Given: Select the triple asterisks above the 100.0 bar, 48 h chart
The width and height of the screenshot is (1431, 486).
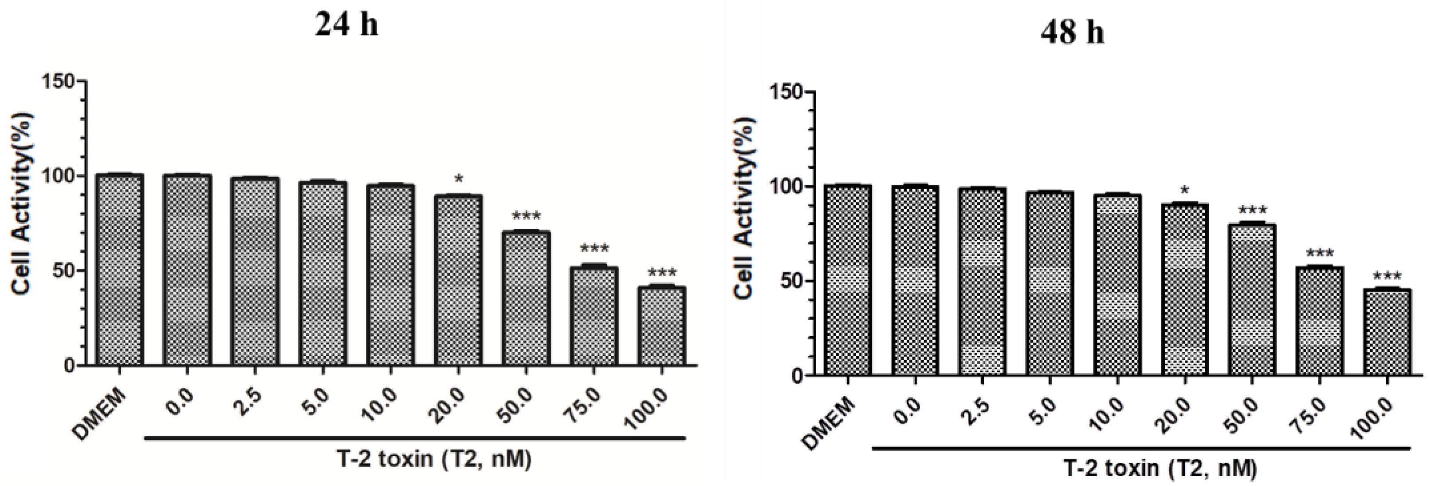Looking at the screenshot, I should click(1387, 277).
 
